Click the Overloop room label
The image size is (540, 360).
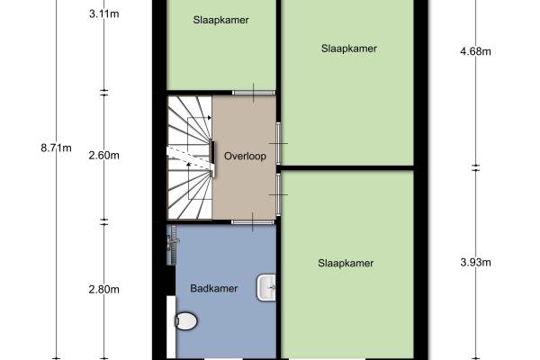[x=245, y=156]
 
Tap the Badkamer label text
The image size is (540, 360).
[x=214, y=288]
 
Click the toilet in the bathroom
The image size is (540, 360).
[x=186, y=321]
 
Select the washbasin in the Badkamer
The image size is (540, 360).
[x=266, y=287]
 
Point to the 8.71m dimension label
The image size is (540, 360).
[x=56, y=148]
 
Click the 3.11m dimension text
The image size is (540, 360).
[x=104, y=14]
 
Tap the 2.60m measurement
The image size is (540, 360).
[x=104, y=156]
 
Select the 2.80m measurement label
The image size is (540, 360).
[x=104, y=290]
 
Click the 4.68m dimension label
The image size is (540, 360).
[x=475, y=51]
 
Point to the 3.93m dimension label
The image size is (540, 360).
[x=475, y=263]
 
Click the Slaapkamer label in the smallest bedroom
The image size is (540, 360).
[x=221, y=20]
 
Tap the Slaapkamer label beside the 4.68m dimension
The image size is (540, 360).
[x=349, y=49]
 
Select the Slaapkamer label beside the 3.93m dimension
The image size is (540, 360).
[x=346, y=263]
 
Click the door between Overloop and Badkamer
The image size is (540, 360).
[x=253, y=222]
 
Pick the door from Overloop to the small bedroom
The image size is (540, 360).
[x=254, y=93]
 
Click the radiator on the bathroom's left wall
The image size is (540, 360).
[x=172, y=245]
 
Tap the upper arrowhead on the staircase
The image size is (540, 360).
[x=210, y=118]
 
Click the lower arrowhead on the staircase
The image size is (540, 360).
[x=188, y=165]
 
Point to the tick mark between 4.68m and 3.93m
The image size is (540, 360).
[x=475, y=167]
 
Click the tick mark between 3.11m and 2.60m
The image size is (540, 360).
[x=104, y=93]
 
